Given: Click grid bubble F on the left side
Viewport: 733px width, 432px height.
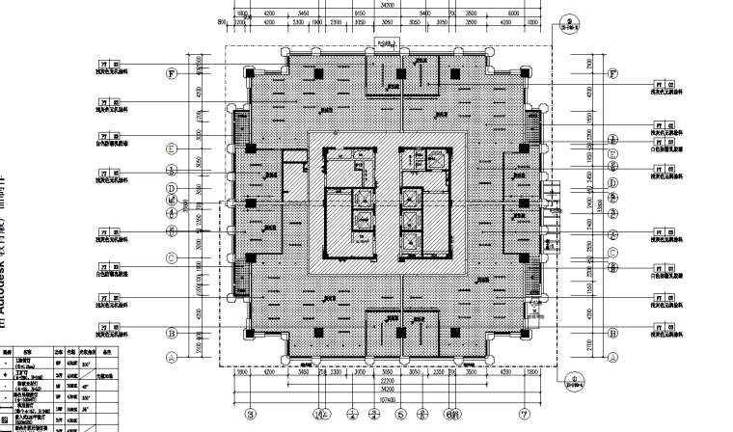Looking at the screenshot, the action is [x=172, y=72].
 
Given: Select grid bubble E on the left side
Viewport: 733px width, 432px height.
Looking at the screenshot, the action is [x=172, y=148].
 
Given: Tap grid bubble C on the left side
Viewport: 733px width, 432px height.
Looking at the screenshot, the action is [x=172, y=258].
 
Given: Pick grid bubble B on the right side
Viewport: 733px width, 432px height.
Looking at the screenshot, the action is [x=611, y=334].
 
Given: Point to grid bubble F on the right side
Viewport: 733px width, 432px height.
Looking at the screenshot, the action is [x=611, y=72].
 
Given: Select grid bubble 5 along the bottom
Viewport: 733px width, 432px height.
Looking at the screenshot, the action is [x=398, y=416].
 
